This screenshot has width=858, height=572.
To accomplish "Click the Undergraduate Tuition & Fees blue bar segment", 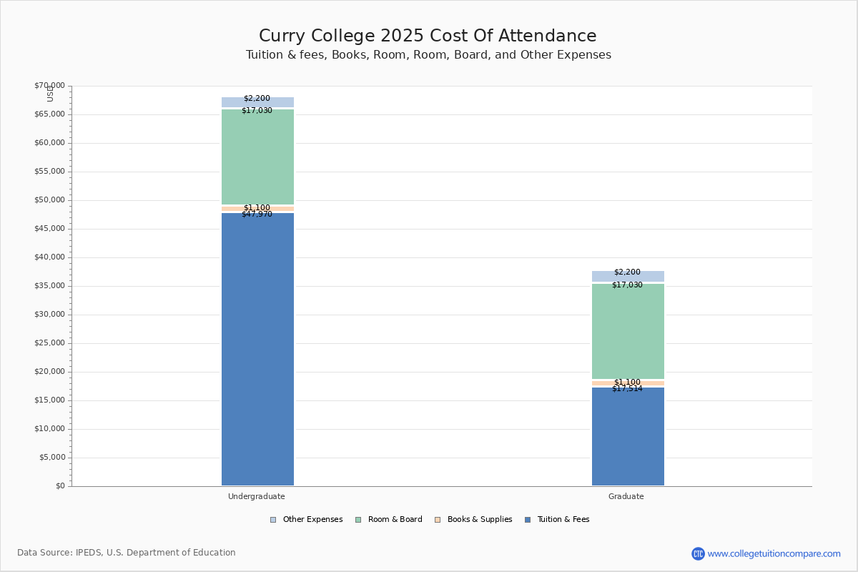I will (x=257, y=350).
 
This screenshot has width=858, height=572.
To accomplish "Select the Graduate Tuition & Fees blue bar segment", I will (x=628, y=436).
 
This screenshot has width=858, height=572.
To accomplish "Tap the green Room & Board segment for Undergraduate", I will (x=257, y=157).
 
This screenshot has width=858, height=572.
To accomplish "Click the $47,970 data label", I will (x=257, y=214).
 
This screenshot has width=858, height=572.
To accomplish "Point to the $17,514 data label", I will (x=627, y=389).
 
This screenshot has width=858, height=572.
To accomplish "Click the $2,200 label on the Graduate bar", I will (x=627, y=272).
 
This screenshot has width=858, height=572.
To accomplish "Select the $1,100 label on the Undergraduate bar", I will (x=257, y=207).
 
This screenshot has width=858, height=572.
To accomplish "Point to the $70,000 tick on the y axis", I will (x=49, y=86).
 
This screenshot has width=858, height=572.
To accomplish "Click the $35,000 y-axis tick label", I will (x=49, y=286).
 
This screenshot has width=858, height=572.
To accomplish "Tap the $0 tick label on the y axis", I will (x=59, y=486).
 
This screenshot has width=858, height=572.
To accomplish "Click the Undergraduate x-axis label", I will (x=257, y=496).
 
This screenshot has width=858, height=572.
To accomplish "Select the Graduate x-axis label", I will (x=626, y=496).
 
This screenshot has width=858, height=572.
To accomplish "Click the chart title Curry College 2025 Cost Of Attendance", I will (x=428, y=36).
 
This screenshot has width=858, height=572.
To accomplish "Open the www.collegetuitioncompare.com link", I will (x=774, y=553).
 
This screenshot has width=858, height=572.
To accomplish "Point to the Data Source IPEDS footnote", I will (x=127, y=553).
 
